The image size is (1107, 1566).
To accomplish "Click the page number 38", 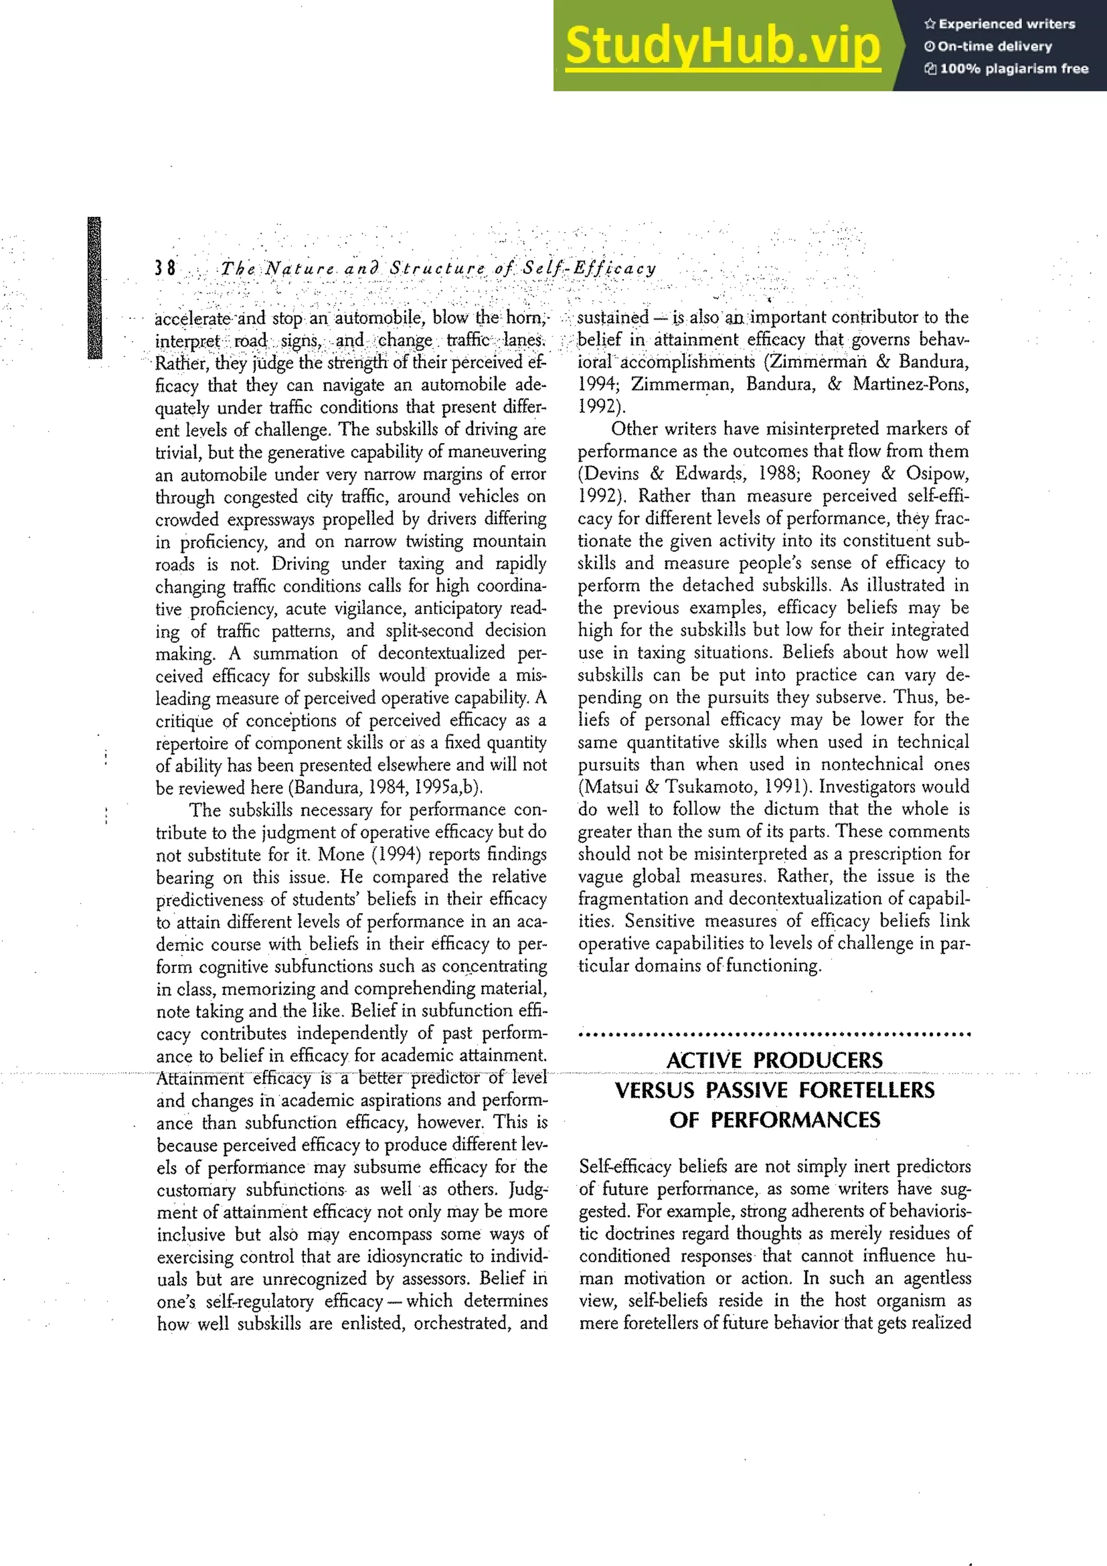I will (x=165, y=267).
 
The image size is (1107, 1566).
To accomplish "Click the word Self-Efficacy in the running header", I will (x=589, y=268).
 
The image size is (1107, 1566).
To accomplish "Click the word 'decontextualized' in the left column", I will (x=441, y=653).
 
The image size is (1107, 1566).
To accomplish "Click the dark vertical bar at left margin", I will (x=94, y=288).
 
